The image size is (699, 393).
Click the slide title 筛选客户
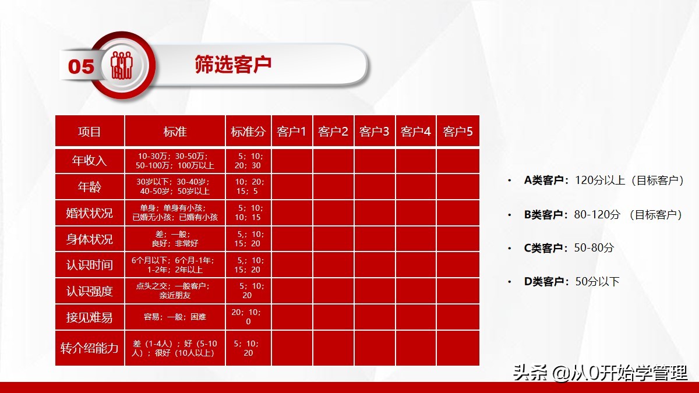pyautogui.click(x=233, y=65)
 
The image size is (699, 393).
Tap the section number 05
pyautogui.click(x=81, y=66)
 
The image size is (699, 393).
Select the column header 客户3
pyautogui.click(x=374, y=132)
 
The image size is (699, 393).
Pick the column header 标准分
pyautogui.click(x=248, y=132)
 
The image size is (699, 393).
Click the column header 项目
pyautogui.click(x=90, y=132)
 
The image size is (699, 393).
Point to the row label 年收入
pyautogui.click(x=90, y=161)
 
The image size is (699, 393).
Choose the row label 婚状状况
pyautogui.click(x=90, y=213)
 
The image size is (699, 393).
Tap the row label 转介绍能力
pyautogui.click(x=90, y=348)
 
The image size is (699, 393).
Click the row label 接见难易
pyautogui.click(x=90, y=317)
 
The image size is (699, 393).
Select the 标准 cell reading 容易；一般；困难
pyautogui.click(x=175, y=317)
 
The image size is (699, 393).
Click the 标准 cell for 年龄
pyautogui.click(x=175, y=186)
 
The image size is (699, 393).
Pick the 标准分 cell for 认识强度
pyautogui.click(x=248, y=291)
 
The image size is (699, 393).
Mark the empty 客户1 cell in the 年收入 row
pyautogui.click(x=292, y=161)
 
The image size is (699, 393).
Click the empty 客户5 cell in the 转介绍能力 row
pyautogui.click(x=457, y=348)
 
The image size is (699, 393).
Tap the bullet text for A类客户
pyautogui.click(x=603, y=180)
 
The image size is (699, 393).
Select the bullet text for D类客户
pyautogui.click(x=571, y=282)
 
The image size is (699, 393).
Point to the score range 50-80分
pyautogui.click(x=594, y=248)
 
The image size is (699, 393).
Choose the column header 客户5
pyautogui.click(x=457, y=132)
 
